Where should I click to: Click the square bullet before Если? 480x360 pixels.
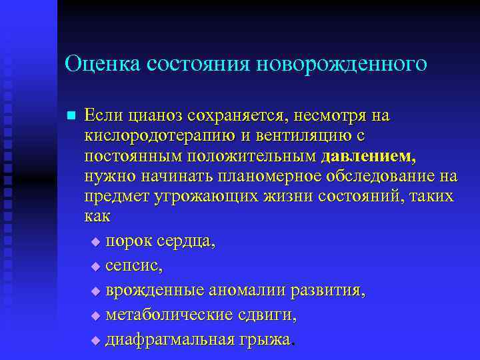[x=71, y=115]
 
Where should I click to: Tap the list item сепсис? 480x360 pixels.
[x=132, y=266]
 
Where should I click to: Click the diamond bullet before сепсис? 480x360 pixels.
[x=95, y=267]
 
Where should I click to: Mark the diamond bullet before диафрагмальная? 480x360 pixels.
[x=95, y=341]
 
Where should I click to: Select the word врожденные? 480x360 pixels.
[x=155, y=291]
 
